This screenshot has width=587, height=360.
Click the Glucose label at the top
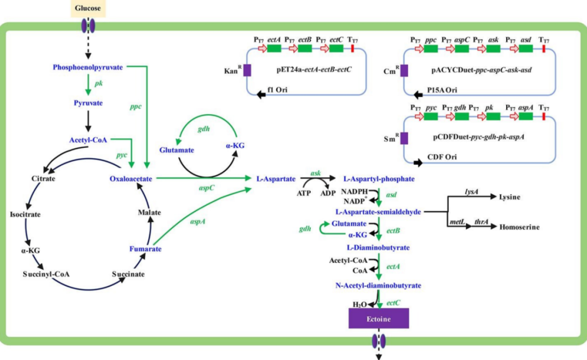[x=88, y=8]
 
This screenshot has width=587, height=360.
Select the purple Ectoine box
[x=378, y=319]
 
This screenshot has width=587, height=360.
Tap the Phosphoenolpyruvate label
[x=88, y=67]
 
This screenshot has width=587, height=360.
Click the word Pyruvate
[x=88, y=103]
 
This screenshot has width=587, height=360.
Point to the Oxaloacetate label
[x=130, y=179]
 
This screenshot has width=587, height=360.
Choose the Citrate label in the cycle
[x=43, y=179]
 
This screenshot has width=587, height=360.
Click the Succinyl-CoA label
[x=46, y=274]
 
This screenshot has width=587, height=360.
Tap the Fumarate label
[x=145, y=249]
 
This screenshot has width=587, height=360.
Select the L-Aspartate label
[x=276, y=179]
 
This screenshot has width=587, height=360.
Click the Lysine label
[x=509, y=197]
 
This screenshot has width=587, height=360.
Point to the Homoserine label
[x=519, y=227]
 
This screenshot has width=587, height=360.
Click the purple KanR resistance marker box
[x=247, y=70]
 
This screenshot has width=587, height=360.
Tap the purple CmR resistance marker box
[x=404, y=71]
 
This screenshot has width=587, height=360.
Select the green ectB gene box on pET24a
[x=305, y=48]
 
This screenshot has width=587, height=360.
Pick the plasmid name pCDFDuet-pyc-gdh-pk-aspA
[x=478, y=137]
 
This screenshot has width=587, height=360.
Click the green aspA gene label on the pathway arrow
[x=197, y=221]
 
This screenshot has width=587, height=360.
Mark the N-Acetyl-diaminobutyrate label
[x=378, y=285]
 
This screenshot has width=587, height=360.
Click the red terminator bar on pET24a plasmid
[x=352, y=48]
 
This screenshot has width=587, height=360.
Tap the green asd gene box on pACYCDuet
[x=526, y=49]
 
